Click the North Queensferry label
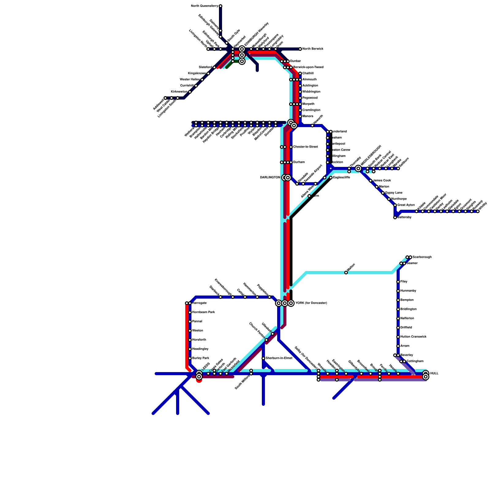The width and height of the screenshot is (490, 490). coord(204,6)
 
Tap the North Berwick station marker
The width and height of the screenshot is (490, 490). coord(300,49)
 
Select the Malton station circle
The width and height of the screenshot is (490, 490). coord(346,273)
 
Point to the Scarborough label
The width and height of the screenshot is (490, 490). coord(422,257)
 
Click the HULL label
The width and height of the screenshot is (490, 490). coord(434,374)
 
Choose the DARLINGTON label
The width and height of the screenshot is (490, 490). coord(270,178)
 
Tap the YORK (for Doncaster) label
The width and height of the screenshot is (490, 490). coord(311,303)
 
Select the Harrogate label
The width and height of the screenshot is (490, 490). coord(199,303)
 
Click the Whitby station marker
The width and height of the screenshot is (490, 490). coord(478,211)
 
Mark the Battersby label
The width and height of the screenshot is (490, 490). coord(404,217)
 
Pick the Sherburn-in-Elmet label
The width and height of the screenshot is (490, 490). coord(279,358)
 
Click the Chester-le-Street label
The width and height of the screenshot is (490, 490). coord(306,147)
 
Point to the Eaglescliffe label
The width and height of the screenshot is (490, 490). coord(341,178)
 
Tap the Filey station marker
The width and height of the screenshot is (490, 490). coord(398,282)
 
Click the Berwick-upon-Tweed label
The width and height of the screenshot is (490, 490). coord(308,67)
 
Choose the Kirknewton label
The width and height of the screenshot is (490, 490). coord(179,92)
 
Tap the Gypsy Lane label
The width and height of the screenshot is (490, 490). coord(394,193)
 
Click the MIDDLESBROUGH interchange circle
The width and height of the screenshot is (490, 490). coord(358,168)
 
